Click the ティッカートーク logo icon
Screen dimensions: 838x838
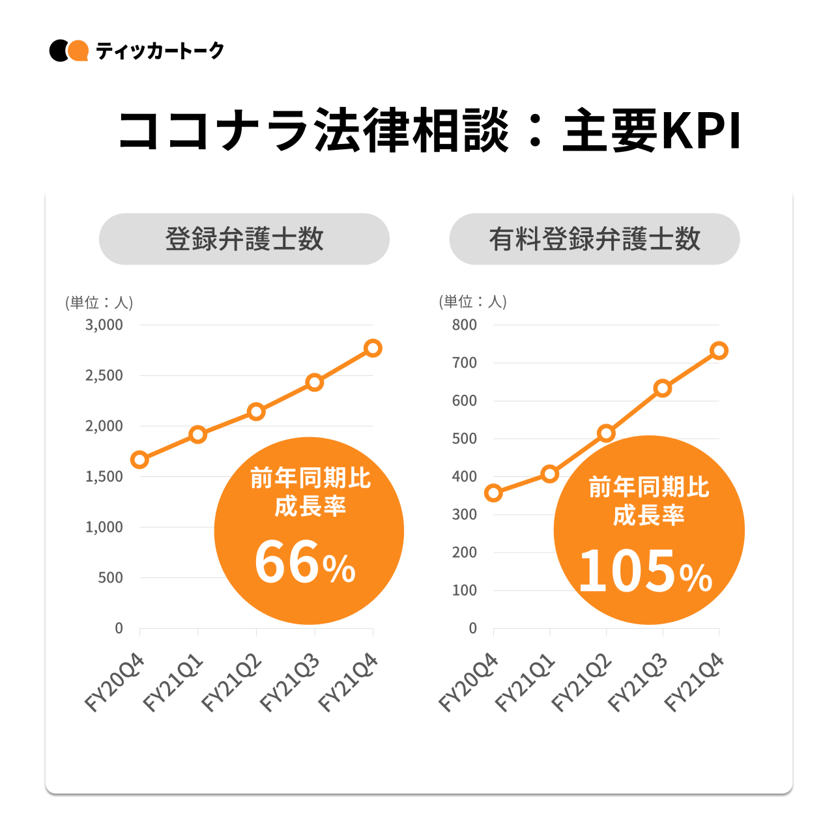pyautogui.click(x=68, y=51)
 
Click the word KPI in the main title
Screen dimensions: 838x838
pyautogui.click(x=701, y=132)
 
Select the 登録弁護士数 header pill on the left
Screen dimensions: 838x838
pyautogui.click(x=244, y=239)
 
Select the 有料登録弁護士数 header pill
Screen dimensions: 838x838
pyautogui.click(x=594, y=239)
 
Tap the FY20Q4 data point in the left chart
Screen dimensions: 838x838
pyautogui.click(x=139, y=460)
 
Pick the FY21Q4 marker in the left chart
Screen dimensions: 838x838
pyautogui.click(x=373, y=348)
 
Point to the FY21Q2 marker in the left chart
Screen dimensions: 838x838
pyautogui.click(x=256, y=412)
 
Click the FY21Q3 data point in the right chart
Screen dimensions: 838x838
pyautogui.click(x=662, y=388)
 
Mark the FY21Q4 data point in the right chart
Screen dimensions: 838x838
pyautogui.click(x=719, y=351)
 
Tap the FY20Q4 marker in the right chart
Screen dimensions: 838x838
pyautogui.click(x=493, y=493)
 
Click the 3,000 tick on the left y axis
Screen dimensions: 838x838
pyautogui.click(x=104, y=325)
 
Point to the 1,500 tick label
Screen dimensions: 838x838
pyautogui.click(x=104, y=477)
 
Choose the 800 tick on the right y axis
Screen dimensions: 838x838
pyautogui.click(x=465, y=325)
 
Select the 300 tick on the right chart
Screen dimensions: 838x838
pyautogui.click(x=465, y=515)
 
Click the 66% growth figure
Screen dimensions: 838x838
pyautogui.click(x=305, y=564)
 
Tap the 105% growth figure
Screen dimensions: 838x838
pyautogui.click(x=646, y=572)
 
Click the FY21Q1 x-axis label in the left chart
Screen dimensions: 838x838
pyautogui.click(x=173, y=684)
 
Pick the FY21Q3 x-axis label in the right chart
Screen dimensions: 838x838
pyautogui.click(x=638, y=684)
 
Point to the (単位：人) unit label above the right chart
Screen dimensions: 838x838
pyautogui.click(x=472, y=302)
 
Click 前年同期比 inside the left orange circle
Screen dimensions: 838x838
pyautogui.click(x=310, y=479)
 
